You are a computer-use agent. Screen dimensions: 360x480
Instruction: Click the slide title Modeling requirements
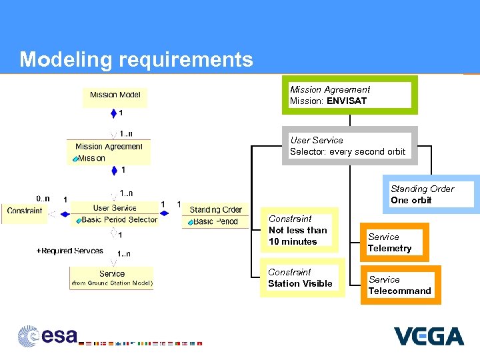coord(136,60)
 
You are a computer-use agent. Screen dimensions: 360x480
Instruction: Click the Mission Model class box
coord(115,95)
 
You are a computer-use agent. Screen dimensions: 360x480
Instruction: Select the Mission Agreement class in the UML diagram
coord(109,152)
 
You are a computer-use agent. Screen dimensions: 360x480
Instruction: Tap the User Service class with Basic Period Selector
coord(115,214)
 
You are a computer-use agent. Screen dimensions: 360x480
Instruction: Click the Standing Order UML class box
coord(215,215)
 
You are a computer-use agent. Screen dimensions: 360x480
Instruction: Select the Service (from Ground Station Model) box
coord(111,278)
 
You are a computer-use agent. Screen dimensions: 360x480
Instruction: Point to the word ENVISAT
coord(346,101)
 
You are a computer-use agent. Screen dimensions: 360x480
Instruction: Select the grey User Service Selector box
coord(349,146)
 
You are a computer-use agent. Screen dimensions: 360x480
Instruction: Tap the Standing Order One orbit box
coord(431,195)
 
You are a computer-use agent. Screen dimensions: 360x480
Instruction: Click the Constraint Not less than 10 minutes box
coord(299,231)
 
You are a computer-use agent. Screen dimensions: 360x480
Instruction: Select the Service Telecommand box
coord(400,285)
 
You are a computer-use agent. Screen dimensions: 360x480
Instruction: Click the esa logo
coord(48,335)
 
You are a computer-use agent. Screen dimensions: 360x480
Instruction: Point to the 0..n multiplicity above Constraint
coord(43,198)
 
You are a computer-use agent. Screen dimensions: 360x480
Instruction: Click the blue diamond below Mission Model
coord(114,113)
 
